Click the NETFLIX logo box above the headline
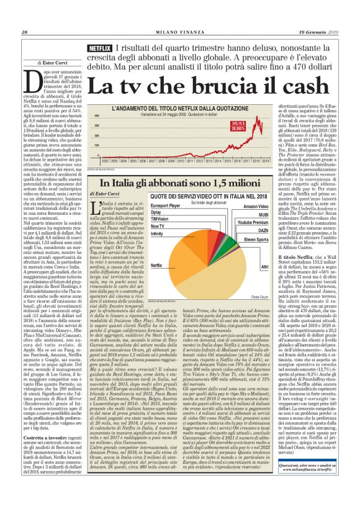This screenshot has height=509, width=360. pyautogui.click(x=101, y=47)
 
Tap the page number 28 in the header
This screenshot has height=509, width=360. pyautogui.click(x=25, y=32)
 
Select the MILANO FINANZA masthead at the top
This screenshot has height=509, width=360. pyautogui.click(x=179, y=32)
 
